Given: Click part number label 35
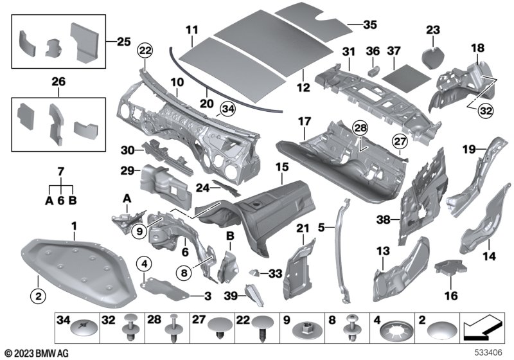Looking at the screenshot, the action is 370,24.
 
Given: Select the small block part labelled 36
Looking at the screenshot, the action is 373,71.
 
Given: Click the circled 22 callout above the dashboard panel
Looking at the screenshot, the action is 146,51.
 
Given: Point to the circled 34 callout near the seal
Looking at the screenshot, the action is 228,109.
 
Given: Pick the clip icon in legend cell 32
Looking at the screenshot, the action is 131,328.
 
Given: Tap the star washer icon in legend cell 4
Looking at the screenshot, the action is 393,332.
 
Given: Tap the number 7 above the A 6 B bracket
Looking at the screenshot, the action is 60,172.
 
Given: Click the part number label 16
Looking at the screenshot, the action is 451,296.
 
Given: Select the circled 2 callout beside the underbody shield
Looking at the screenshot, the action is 39,296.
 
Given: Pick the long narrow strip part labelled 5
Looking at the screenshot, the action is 341,250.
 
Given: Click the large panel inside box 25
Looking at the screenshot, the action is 84,42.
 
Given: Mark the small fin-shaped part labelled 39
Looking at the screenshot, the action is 254,296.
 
